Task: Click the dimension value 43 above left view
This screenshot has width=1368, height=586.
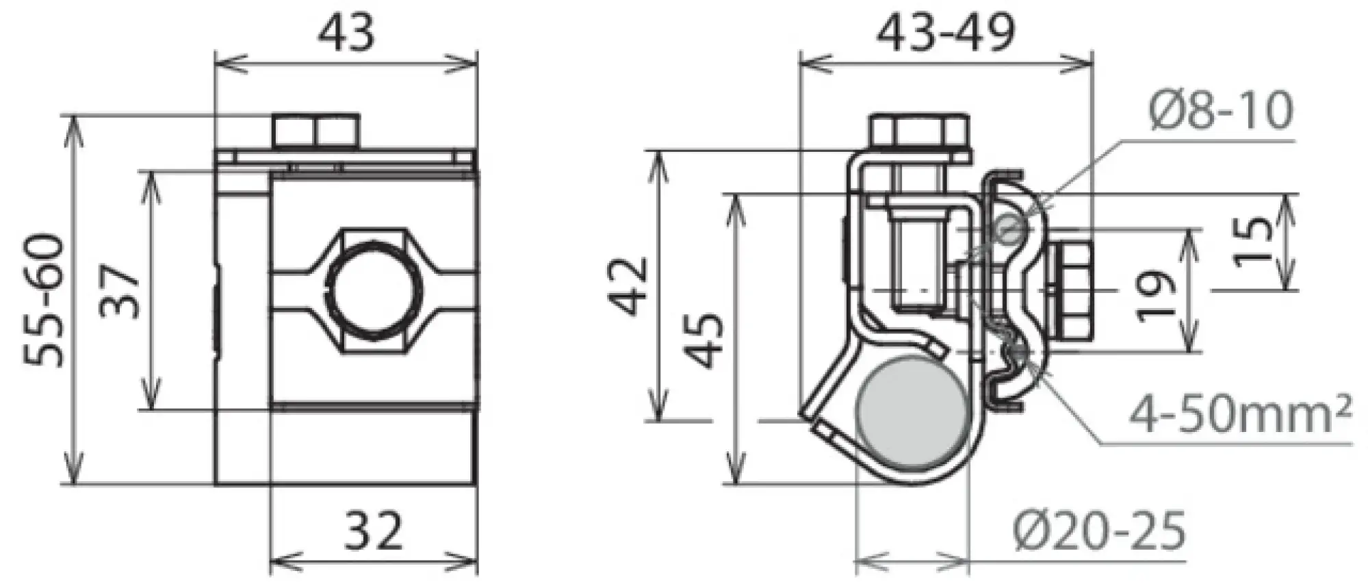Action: (x=347, y=32)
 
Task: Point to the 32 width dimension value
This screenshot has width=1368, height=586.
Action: (x=373, y=531)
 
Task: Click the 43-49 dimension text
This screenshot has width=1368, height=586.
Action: (x=946, y=32)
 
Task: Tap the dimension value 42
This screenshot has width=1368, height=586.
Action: (x=629, y=285)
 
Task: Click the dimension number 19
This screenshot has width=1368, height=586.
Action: (x=1155, y=296)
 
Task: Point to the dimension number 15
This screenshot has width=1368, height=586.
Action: (x=1254, y=241)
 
